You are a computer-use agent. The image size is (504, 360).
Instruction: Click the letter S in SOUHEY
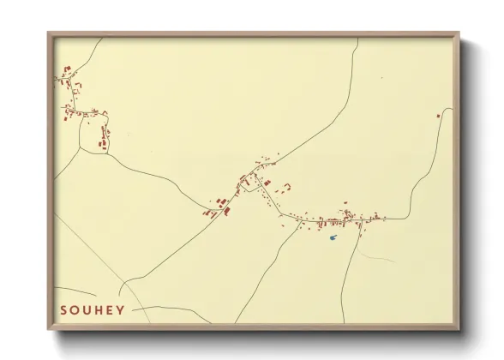(x=63, y=309)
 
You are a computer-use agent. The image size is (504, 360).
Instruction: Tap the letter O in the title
(x=75, y=309)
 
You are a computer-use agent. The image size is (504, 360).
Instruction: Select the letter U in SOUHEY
(x=87, y=309)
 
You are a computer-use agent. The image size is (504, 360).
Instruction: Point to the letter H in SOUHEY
(x=99, y=309)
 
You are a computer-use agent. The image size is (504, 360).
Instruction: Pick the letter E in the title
(x=110, y=309)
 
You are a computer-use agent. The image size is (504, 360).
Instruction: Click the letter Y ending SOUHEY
(x=121, y=309)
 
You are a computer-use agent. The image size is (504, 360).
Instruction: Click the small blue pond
(x=333, y=237)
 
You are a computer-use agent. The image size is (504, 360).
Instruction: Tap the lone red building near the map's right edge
(x=438, y=116)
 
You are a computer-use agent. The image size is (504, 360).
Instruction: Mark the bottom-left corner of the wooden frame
(x=49, y=329)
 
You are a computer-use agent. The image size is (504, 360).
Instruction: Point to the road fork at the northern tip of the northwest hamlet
(x=63, y=69)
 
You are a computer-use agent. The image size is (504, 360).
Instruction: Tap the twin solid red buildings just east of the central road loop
(x=267, y=183)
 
